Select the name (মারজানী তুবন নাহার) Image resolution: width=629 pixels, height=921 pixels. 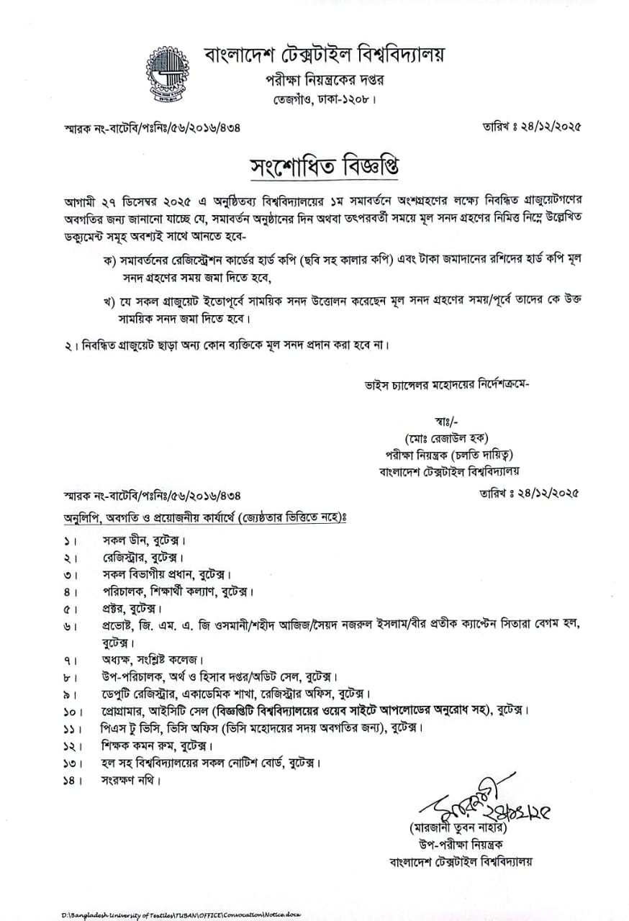coord(455,828)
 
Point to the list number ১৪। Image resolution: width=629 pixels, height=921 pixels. coord(71,780)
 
